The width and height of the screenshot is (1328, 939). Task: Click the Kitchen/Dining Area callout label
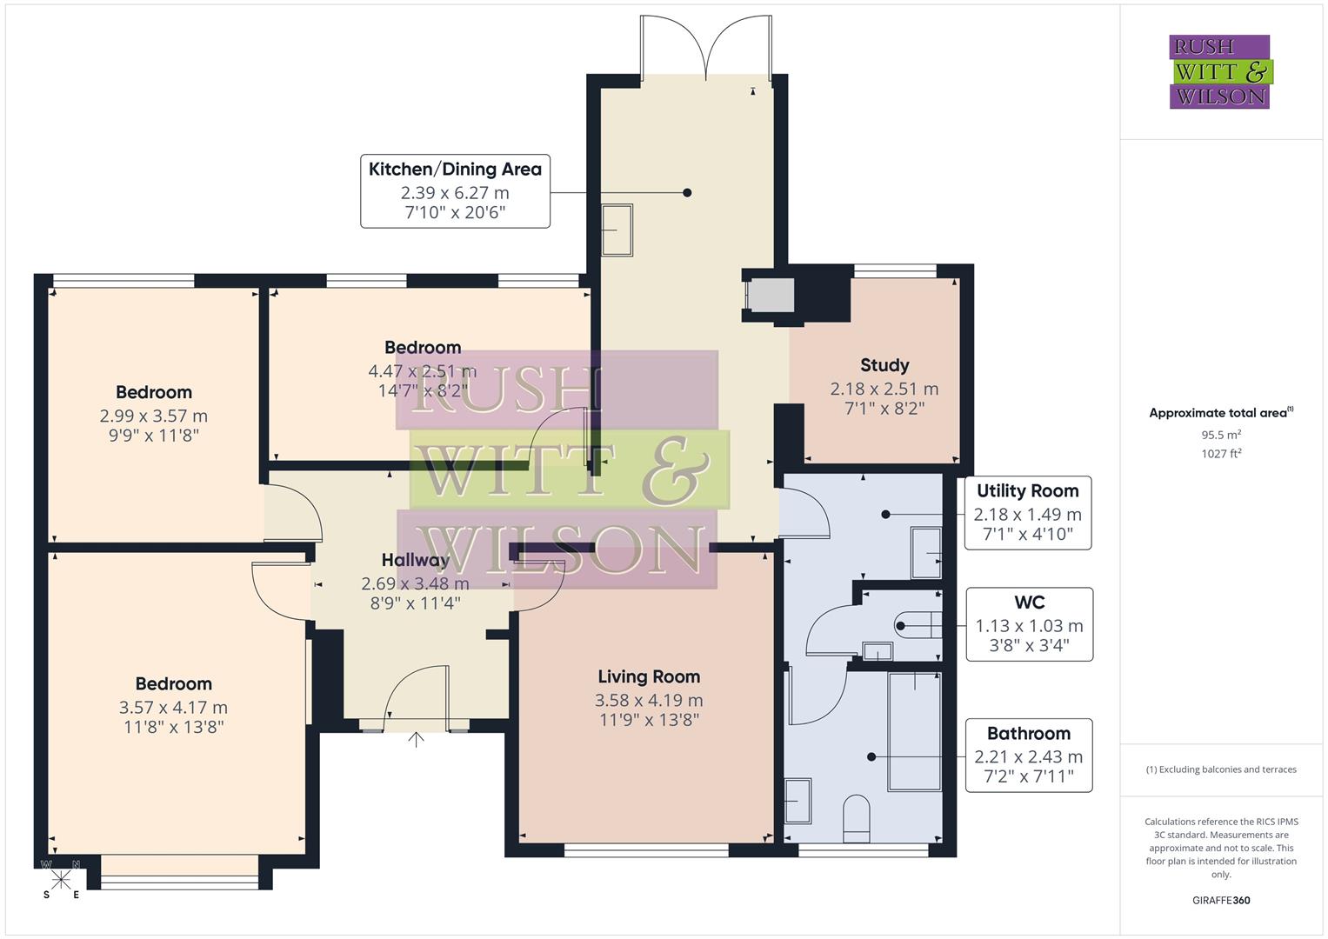pos(455,191)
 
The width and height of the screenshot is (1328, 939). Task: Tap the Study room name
pos(884,365)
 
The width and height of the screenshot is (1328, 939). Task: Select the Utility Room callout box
pos(1027,512)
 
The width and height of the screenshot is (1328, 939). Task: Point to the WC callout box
pos(1029,624)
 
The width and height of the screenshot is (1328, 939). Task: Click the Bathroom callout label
pos(1028,755)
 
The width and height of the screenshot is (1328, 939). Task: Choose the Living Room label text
pos(649,676)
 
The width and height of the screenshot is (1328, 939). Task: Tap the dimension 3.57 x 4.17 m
pos(173,708)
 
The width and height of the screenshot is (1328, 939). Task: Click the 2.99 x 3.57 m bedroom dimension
pos(154,416)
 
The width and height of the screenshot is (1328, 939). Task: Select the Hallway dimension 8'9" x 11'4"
pos(415,603)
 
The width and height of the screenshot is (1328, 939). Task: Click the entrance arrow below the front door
pos(416,740)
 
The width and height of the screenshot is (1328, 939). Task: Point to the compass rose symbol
pos(60,880)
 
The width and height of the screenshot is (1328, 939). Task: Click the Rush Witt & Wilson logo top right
pos(1219,71)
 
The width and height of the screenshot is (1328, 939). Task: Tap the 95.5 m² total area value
pos(1220,435)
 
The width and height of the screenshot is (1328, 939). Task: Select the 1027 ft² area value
pos(1220,454)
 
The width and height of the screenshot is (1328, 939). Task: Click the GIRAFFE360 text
pos(1220,900)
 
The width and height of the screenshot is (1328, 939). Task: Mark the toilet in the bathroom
pos(856,818)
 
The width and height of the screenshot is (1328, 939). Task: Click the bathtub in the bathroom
pos(914,731)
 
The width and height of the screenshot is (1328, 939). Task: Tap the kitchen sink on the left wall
pos(617,230)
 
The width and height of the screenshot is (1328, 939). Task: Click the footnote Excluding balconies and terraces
pos(1220,769)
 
